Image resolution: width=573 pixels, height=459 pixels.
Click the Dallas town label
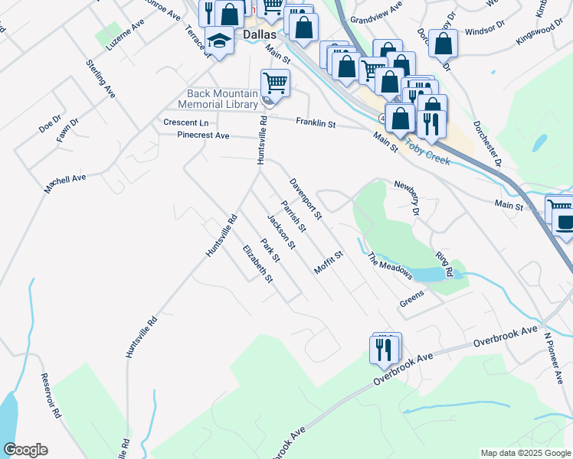point(259,35)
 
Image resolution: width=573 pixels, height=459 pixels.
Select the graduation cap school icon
point(219,42)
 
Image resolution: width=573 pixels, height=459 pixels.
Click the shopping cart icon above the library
point(275,81)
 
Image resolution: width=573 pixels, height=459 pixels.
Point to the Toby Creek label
point(428,144)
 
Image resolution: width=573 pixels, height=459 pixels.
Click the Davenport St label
point(306,200)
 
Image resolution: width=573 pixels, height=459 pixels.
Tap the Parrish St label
point(293,217)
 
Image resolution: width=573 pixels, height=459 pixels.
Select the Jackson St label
point(281,232)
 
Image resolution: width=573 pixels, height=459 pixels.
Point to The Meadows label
point(391,266)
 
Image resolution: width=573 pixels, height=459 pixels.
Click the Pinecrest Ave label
point(203,135)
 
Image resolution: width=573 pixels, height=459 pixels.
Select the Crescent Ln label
point(185,122)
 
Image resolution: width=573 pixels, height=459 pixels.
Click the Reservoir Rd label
point(51,396)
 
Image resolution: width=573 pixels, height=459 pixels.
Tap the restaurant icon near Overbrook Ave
point(384,349)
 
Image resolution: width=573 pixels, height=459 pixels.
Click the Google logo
point(25,450)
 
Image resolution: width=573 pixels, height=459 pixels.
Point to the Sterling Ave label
point(100,79)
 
